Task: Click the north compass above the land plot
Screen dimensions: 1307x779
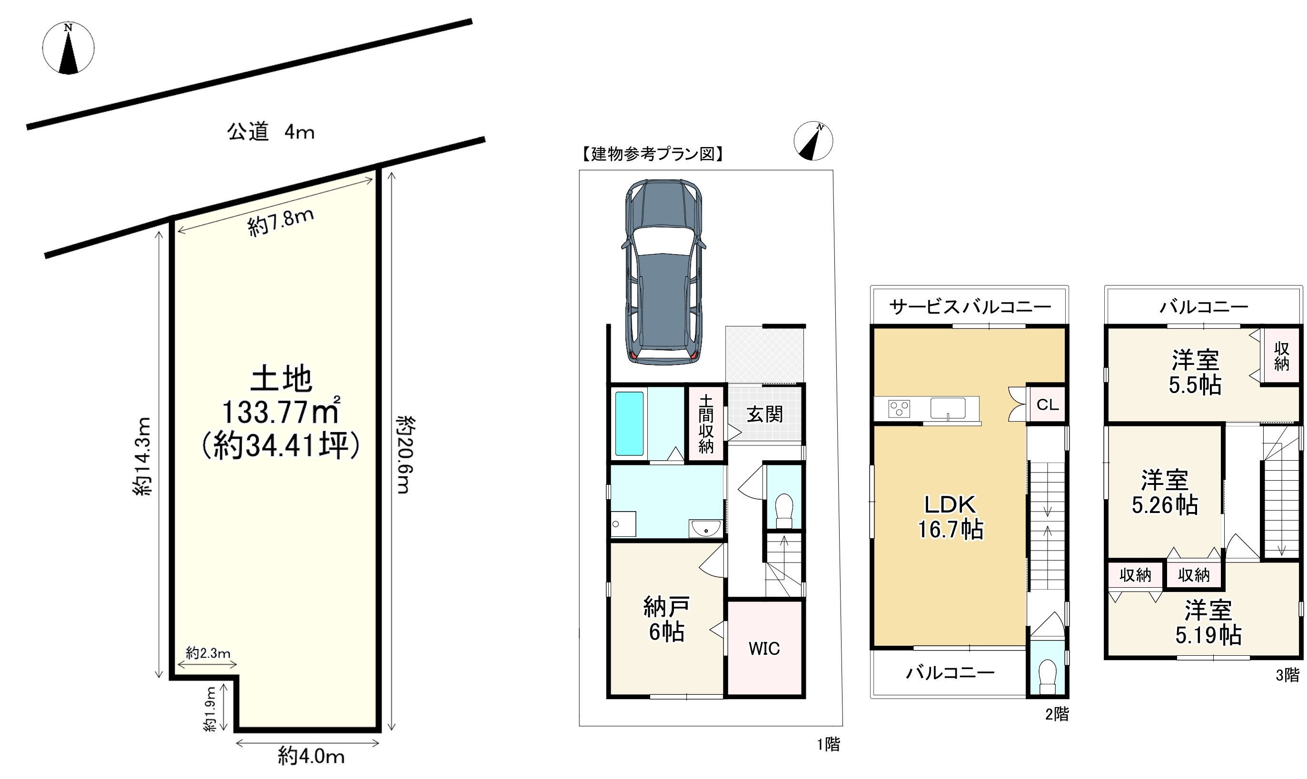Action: click(x=68, y=48)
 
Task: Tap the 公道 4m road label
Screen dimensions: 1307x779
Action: click(x=270, y=132)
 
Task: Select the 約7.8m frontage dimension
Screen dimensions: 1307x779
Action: click(x=281, y=223)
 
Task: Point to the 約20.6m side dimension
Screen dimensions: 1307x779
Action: click(x=406, y=454)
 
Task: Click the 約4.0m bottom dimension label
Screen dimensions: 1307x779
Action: click(x=311, y=757)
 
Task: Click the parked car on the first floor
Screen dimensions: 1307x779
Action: click(x=663, y=271)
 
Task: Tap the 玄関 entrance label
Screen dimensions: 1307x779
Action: click(x=765, y=414)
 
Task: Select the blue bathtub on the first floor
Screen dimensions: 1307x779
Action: click(x=629, y=424)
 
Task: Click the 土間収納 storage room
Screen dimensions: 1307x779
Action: click(x=706, y=424)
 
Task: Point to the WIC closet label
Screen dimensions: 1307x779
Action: click(x=764, y=649)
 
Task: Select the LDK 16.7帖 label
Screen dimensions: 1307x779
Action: click(x=951, y=517)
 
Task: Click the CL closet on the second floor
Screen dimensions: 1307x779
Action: click(x=1047, y=404)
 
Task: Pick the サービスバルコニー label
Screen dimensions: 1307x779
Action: click(x=970, y=306)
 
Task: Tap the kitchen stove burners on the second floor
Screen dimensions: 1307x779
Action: click(x=899, y=408)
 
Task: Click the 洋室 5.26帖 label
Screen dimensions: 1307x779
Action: click(x=1165, y=493)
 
